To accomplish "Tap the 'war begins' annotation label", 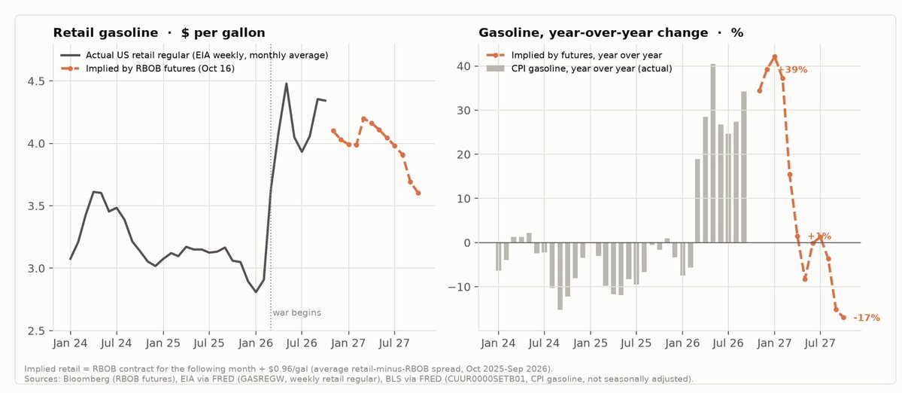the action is tap(297, 313).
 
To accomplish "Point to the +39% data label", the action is tap(794, 69).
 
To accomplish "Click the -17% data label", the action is tap(867, 318).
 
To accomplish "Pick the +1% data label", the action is tap(819, 236).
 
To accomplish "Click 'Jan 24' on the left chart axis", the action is tap(70, 343).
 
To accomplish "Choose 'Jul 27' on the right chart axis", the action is tap(820, 343).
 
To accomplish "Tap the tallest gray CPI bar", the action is tap(712, 153).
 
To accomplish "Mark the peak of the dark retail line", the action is tap(286, 84).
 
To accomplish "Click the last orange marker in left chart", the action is tap(418, 193).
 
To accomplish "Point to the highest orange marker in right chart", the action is tap(775, 56).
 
